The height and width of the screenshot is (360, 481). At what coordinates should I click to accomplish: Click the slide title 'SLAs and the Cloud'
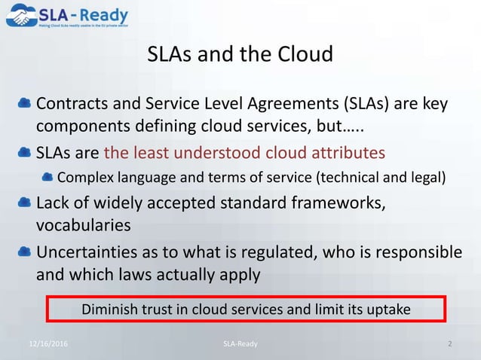pos(240,55)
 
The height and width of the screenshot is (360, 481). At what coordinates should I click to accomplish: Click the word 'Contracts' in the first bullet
pos(69,102)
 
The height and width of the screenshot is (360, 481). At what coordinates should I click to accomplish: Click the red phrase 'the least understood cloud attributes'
pos(244,153)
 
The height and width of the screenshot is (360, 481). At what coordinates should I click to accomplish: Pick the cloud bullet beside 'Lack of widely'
pos(25,203)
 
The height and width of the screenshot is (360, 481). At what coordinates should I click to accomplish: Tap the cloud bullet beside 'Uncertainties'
pos(25,250)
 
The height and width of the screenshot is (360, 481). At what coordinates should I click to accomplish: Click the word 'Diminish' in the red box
pos(109,310)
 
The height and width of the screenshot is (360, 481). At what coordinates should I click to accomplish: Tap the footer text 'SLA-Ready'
pos(240,344)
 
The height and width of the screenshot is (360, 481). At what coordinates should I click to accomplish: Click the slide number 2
pos(449,344)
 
